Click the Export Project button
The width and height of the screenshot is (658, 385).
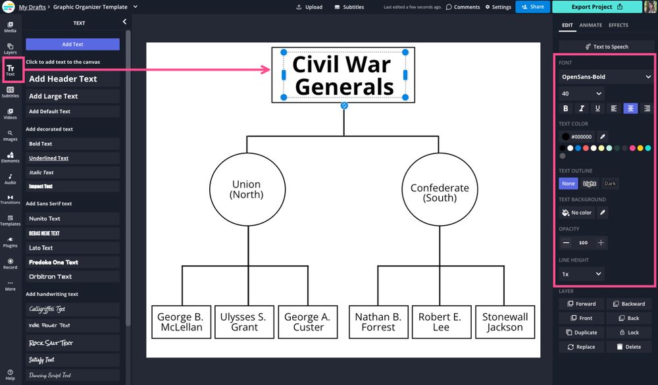point(597,7)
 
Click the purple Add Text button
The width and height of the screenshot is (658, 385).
point(72,44)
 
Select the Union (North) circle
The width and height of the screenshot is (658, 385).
point(247,190)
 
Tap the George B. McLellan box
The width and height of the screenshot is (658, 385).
point(180,322)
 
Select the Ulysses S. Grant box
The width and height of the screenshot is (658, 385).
point(243,322)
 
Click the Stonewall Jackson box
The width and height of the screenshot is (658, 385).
point(505,322)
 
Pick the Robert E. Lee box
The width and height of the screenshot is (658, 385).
point(441,322)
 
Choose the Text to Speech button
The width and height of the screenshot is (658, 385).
point(606,47)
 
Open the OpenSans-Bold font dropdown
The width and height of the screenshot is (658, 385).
point(606,77)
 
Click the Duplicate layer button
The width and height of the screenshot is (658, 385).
point(582,332)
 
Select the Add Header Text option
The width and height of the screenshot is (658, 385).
point(72,79)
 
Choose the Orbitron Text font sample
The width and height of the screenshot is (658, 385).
point(72,276)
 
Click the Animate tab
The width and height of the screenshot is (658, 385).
point(590,25)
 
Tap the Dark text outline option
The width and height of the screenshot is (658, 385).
point(610,184)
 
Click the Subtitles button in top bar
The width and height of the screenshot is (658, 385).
point(349,7)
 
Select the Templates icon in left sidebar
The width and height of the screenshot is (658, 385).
point(10,220)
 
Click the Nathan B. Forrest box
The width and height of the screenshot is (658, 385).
point(378,322)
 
